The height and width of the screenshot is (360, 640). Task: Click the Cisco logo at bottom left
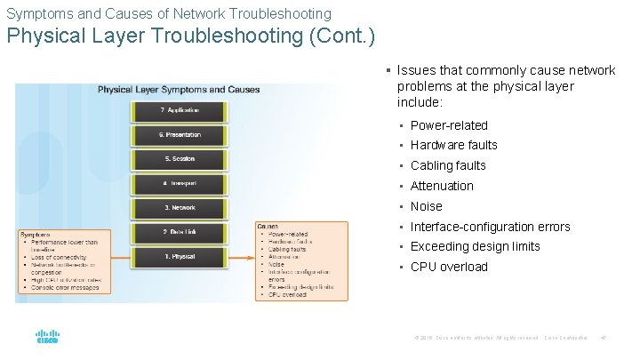coord(46,338)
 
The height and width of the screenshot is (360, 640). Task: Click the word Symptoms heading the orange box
coord(35,235)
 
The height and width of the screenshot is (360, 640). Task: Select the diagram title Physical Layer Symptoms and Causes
coord(179,90)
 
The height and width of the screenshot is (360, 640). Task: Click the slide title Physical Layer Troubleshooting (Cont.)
coord(191,36)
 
